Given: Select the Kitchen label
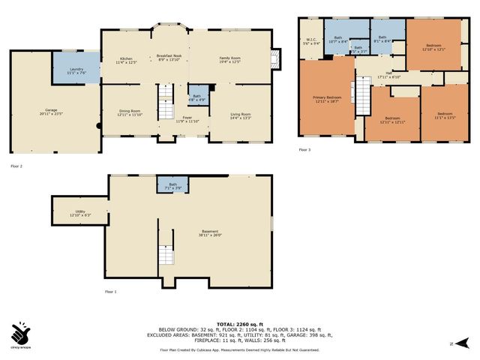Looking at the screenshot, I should [126, 59].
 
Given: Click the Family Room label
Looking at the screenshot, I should [229, 59].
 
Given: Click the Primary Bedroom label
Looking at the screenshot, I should [327, 98].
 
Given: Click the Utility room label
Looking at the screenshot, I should [80, 213].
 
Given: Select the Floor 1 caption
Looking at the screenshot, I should [109, 291].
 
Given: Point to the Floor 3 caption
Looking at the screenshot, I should [304, 150].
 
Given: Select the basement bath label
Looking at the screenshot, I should [172, 185].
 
